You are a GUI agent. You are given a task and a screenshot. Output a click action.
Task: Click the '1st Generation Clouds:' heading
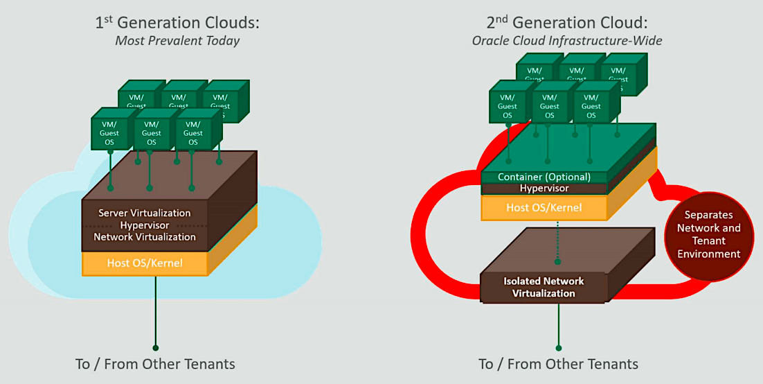click(x=177, y=23)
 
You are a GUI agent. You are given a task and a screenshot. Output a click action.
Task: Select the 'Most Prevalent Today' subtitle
click(x=177, y=41)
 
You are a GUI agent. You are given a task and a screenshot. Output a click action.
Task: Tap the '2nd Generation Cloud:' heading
click(x=567, y=23)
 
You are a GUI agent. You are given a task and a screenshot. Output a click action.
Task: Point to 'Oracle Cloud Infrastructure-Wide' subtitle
click(x=567, y=41)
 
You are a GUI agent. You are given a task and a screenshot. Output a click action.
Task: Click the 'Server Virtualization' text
click(x=145, y=213)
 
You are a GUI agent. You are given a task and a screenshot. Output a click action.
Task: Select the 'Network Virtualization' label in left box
click(x=145, y=237)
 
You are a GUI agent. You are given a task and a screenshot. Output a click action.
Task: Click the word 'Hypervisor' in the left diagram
click(x=145, y=225)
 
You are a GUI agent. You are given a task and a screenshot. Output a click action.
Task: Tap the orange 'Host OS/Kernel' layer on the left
click(x=145, y=263)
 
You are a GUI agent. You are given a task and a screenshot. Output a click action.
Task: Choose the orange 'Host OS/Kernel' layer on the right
click(x=544, y=207)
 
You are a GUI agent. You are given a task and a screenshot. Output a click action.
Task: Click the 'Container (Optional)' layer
click(x=544, y=177)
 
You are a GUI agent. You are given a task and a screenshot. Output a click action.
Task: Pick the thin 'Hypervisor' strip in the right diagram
click(x=544, y=189)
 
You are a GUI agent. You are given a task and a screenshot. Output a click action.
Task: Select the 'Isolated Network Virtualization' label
click(x=544, y=287)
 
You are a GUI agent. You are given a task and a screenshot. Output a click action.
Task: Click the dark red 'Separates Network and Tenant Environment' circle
click(x=712, y=234)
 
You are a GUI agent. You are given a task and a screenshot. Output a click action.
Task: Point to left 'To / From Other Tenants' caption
click(x=155, y=364)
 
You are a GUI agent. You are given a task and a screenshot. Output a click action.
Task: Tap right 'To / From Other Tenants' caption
click(x=558, y=364)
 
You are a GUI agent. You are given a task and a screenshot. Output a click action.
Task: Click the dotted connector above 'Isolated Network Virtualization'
click(x=558, y=243)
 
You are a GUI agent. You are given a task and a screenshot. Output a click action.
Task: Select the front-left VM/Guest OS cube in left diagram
click(x=109, y=132)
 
